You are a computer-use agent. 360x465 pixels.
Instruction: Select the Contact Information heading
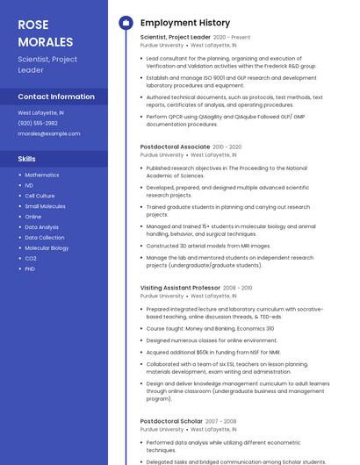click(x=56, y=97)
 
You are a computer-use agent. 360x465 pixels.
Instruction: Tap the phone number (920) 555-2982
click(x=39, y=123)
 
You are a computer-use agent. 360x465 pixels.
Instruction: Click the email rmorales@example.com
click(x=49, y=133)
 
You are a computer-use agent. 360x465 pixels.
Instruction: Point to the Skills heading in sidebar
click(x=27, y=159)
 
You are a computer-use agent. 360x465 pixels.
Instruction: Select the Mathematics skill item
click(x=42, y=175)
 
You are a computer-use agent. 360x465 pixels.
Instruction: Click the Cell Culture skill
click(x=40, y=196)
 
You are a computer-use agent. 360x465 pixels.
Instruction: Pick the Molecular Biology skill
click(x=47, y=247)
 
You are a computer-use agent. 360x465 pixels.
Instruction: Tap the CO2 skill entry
click(x=31, y=258)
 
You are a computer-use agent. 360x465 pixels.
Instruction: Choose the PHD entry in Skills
click(x=30, y=268)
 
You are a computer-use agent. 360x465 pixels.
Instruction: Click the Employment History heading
click(x=185, y=23)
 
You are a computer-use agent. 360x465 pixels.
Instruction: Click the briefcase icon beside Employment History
click(x=125, y=23)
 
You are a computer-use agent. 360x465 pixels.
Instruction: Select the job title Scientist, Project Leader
click(x=175, y=38)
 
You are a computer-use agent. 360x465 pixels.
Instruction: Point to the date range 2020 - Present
click(x=232, y=38)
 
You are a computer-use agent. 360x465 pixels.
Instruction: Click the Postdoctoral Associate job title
click(x=175, y=147)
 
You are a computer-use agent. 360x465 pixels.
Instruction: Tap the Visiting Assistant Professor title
click(x=180, y=288)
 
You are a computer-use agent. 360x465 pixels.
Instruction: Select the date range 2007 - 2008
click(x=220, y=421)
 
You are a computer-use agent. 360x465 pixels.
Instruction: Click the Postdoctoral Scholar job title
click(x=171, y=421)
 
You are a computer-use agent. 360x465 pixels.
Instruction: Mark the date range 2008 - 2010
click(x=238, y=288)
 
